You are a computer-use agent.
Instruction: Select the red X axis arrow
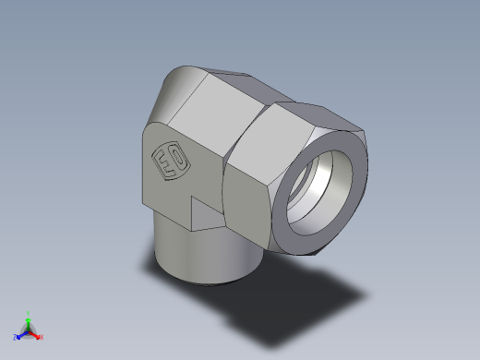click(35, 334)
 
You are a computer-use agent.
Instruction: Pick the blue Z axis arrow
click(21, 334)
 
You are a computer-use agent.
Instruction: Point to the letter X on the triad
click(42, 337)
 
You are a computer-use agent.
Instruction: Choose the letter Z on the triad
click(15, 337)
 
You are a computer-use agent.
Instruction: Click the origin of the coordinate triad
click(29, 330)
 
